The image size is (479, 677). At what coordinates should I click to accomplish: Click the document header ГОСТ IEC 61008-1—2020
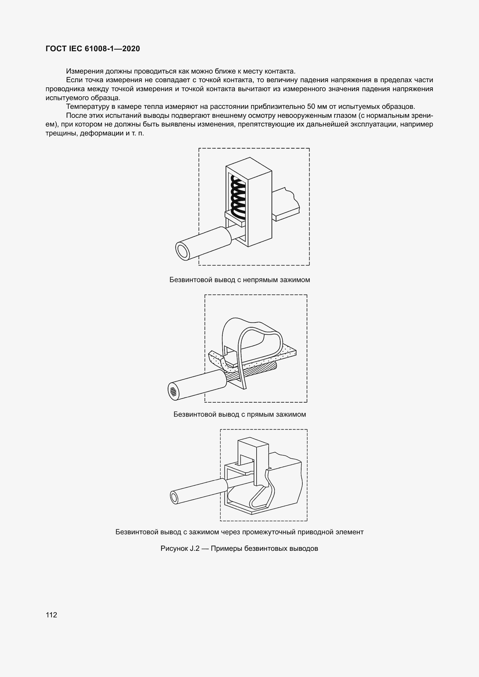[x=93, y=49]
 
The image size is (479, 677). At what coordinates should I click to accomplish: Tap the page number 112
[x=51, y=615]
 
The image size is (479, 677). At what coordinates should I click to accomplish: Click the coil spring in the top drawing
[x=238, y=196]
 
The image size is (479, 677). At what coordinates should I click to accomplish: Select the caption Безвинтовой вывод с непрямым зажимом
[x=239, y=280]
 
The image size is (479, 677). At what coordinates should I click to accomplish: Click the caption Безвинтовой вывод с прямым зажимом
[x=239, y=414]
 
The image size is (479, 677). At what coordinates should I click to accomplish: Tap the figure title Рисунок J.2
[x=180, y=548]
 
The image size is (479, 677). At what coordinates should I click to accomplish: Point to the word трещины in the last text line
[x=61, y=133]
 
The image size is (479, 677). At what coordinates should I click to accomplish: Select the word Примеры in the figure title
[x=227, y=548]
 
